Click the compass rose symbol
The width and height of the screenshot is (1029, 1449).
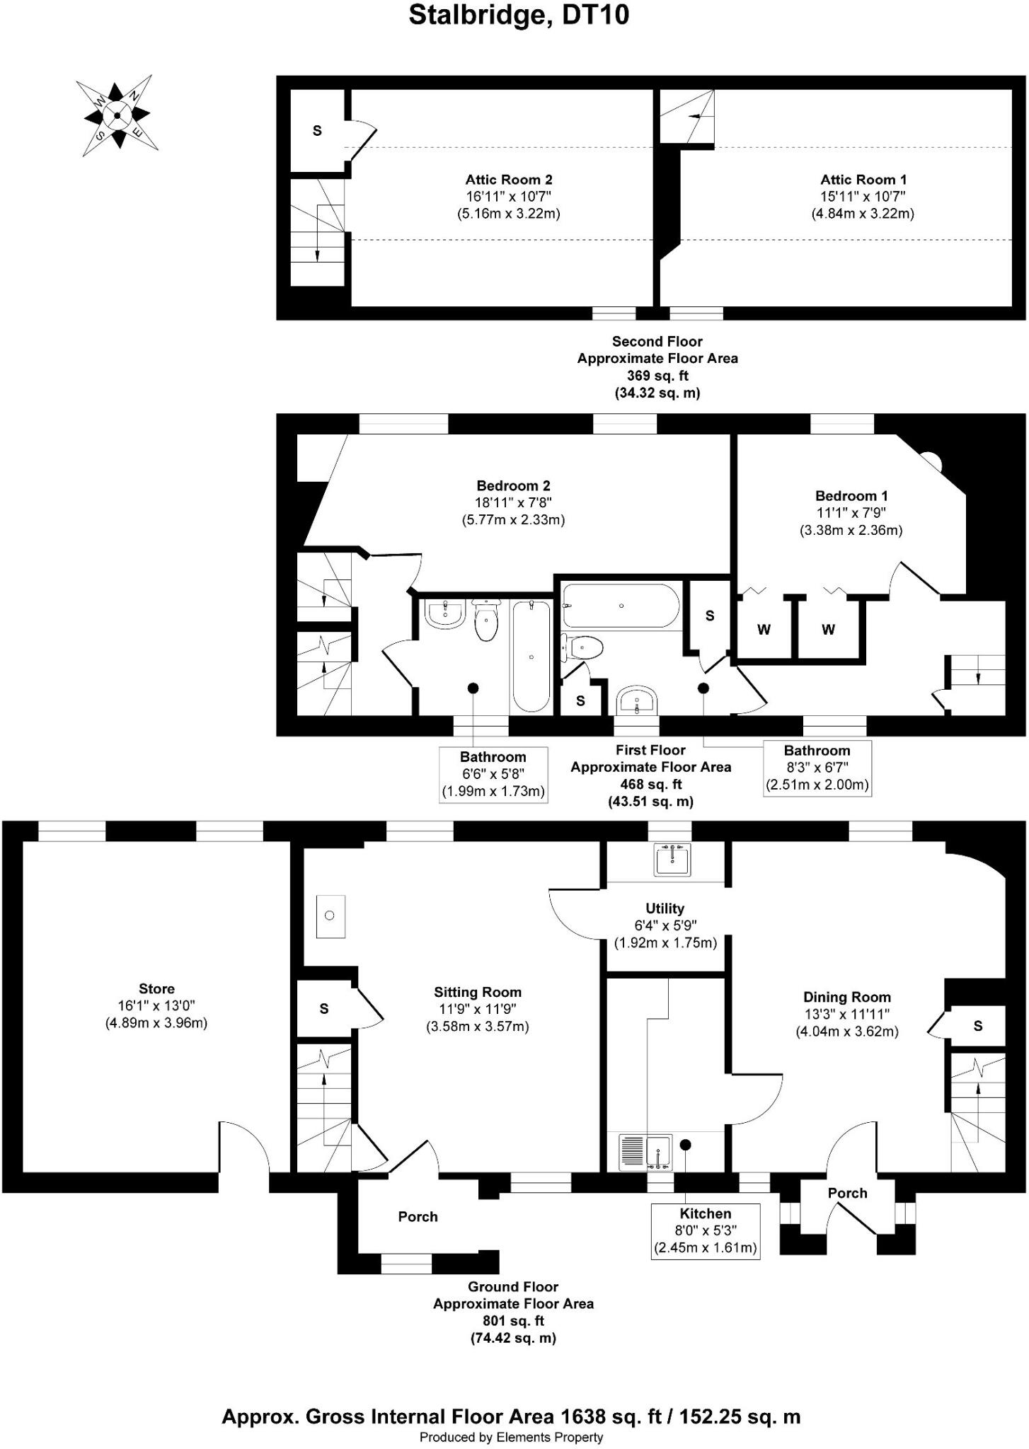click(x=117, y=115)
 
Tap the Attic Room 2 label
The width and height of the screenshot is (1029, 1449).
click(x=508, y=180)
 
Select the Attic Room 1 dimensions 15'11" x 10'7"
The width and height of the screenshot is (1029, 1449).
click(x=862, y=197)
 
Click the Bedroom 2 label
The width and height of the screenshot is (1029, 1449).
click(x=513, y=486)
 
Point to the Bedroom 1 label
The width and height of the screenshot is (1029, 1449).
click(x=851, y=496)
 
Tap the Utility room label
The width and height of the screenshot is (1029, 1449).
click(x=665, y=908)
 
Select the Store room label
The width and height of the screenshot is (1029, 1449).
click(x=156, y=989)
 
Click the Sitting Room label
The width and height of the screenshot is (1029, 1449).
click(x=477, y=993)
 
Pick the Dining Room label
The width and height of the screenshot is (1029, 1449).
click(x=846, y=998)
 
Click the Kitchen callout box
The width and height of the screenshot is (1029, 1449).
click(x=705, y=1231)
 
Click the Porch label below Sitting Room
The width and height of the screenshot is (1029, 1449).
click(x=418, y=1217)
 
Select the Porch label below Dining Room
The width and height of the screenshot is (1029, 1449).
click(x=847, y=1194)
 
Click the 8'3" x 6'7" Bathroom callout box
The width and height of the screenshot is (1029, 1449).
click(x=817, y=768)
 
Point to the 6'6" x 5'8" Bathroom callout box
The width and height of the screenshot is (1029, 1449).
click(x=493, y=774)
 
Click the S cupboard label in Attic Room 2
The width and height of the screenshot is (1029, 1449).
click(x=317, y=131)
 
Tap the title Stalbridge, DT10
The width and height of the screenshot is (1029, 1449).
click(x=519, y=15)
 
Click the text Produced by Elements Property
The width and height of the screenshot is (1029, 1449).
click(x=511, y=1438)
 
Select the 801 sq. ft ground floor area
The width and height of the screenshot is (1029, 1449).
click(x=513, y=1321)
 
